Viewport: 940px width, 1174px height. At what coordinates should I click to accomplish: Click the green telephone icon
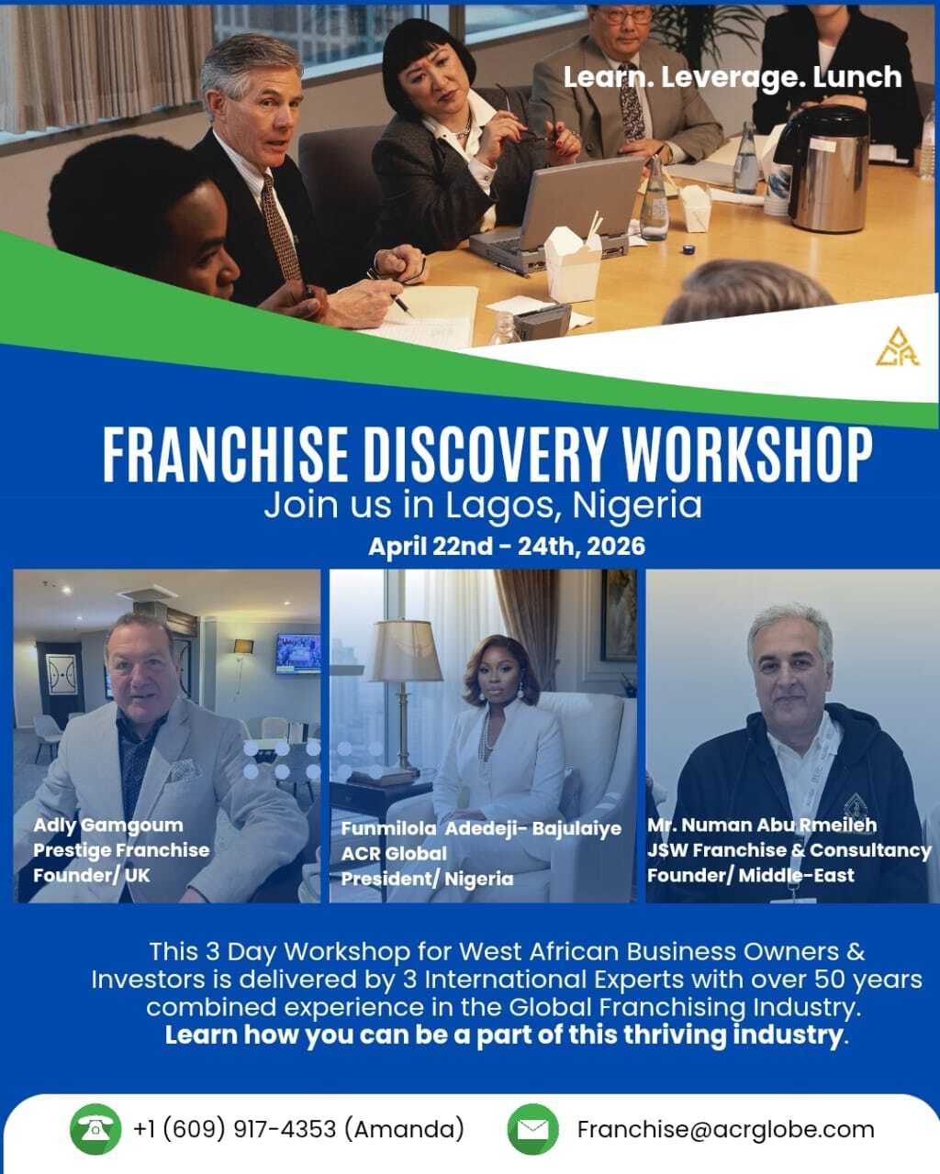click(95, 1129)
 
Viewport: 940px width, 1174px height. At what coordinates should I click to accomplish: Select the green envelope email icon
click(532, 1129)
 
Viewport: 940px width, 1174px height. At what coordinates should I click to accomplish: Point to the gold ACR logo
click(898, 347)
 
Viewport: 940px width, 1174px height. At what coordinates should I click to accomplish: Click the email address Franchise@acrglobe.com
click(726, 1130)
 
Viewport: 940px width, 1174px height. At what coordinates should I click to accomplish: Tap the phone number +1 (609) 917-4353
click(234, 1129)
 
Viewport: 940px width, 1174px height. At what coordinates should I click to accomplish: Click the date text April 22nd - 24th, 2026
click(507, 546)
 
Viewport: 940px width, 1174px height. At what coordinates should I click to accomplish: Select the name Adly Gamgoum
click(108, 825)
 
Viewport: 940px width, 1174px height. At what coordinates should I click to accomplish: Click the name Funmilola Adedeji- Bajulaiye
click(481, 828)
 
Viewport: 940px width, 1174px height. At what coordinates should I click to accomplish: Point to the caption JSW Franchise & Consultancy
click(789, 850)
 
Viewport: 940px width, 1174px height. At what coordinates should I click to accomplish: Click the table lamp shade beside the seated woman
click(407, 650)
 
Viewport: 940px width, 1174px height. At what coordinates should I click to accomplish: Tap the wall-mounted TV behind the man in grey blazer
click(297, 654)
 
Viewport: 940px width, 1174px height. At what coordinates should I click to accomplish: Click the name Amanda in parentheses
click(404, 1129)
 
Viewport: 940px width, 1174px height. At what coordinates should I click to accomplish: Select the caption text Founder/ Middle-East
click(751, 876)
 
